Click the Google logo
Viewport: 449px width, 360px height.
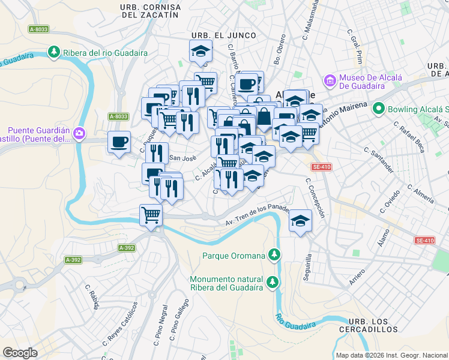20,353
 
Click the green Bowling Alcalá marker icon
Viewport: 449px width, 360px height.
378,109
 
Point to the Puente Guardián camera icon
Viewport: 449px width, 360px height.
80,132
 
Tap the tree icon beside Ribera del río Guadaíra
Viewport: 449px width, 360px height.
55,53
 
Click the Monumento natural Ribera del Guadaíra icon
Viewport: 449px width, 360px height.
273,281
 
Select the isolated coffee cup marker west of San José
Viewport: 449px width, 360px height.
119,142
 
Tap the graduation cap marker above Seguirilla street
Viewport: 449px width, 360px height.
301,221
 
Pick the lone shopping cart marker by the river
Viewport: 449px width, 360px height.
151,215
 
